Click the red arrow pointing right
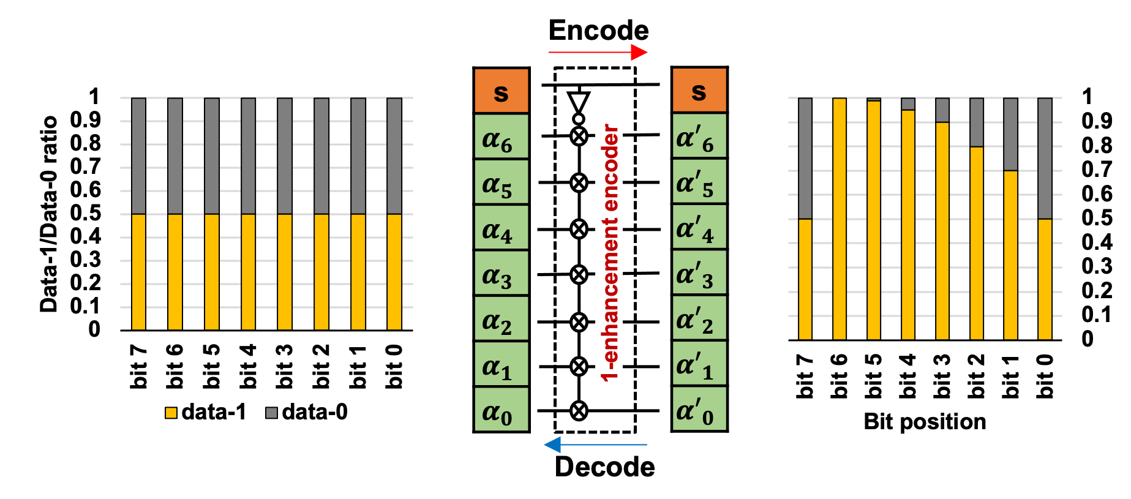[x=597, y=53]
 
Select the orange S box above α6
[x=501, y=91]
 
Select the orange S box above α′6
[x=699, y=90]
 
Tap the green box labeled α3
[x=501, y=273]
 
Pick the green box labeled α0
[x=501, y=409]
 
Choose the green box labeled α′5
[x=699, y=181]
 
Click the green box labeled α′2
[x=699, y=318]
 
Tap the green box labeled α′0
[x=699, y=408]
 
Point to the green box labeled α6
[x=501, y=137]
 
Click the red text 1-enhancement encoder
[x=609, y=252]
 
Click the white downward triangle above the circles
[x=578, y=101]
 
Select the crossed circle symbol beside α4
[x=579, y=229]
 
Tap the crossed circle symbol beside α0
[x=579, y=411]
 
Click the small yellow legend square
[x=171, y=413]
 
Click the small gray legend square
[x=271, y=413]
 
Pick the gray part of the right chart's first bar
[x=805, y=158]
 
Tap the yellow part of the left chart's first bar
[x=138, y=272]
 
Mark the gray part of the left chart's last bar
[x=394, y=156]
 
